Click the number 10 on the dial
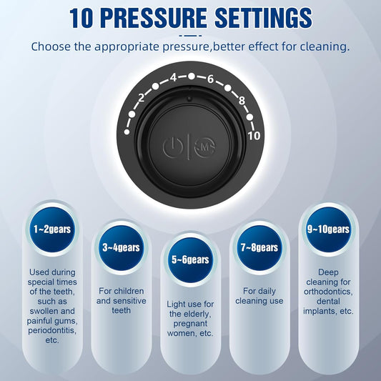(x=254, y=136)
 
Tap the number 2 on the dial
(x=141, y=98)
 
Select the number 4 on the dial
(x=173, y=77)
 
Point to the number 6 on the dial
(x=210, y=79)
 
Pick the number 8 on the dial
(x=242, y=100)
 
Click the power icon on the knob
(x=172, y=147)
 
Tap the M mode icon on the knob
(x=205, y=147)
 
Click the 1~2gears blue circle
(x=52, y=229)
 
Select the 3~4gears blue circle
(x=121, y=247)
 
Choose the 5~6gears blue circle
(x=190, y=259)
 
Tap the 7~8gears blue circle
(x=259, y=247)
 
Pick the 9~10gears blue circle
(x=328, y=229)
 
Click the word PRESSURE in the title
(x=154, y=18)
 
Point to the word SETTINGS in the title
(x=263, y=18)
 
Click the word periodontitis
(x=52, y=331)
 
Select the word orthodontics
(x=328, y=292)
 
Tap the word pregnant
(x=190, y=324)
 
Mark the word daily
(x=267, y=292)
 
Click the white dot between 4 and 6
(x=192, y=76)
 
